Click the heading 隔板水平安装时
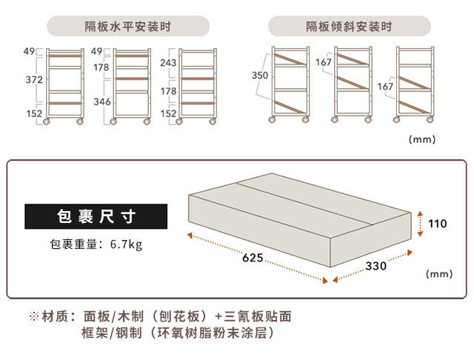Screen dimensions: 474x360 point(128,27)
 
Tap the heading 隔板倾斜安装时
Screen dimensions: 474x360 point(349,27)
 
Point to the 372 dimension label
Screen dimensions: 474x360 point(33,79)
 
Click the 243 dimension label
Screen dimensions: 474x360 point(167,63)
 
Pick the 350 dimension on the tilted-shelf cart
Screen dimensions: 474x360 point(259,75)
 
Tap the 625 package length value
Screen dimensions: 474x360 point(253,258)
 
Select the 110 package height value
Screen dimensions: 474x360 point(438,223)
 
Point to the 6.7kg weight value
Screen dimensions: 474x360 point(126,244)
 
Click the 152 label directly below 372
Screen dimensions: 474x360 point(33,114)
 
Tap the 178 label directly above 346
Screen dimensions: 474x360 point(101,67)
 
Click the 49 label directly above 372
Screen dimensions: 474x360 point(30,52)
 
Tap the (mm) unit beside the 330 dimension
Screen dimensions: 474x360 point(439,274)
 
